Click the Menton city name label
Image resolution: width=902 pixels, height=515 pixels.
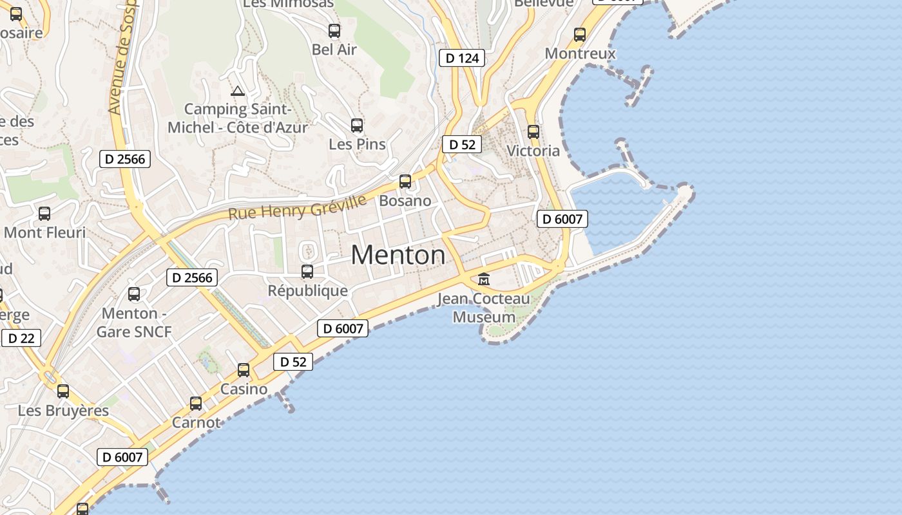click(x=398, y=256)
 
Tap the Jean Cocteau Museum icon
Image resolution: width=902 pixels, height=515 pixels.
click(x=484, y=279)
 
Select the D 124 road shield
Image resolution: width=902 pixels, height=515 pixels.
click(x=462, y=59)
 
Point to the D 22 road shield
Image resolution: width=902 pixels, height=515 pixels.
click(x=21, y=338)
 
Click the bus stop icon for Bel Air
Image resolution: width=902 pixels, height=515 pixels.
click(x=334, y=30)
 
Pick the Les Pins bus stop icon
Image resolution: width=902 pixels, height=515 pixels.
click(x=357, y=125)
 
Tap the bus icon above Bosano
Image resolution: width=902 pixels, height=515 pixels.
click(x=405, y=182)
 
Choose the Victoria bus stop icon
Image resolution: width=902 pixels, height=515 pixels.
click(x=533, y=131)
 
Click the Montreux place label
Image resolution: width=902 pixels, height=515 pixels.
click(x=581, y=53)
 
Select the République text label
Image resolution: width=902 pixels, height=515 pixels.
click(x=308, y=291)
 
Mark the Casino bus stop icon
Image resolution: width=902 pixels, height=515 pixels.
click(x=244, y=370)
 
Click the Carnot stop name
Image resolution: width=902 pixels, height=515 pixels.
click(x=196, y=423)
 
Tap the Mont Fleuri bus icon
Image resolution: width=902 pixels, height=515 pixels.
click(x=44, y=214)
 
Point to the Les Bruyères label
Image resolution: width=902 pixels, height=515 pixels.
click(x=63, y=411)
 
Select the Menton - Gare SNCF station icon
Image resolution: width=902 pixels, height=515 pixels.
click(x=134, y=294)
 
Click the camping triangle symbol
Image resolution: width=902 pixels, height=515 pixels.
click(x=238, y=91)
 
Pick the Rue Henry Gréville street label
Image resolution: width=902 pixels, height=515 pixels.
click(x=297, y=207)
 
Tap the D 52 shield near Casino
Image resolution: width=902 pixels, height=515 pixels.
click(x=293, y=362)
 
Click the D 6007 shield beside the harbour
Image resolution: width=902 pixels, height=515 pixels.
click(x=562, y=219)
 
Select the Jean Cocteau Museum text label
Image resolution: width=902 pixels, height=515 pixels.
click(x=484, y=308)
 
